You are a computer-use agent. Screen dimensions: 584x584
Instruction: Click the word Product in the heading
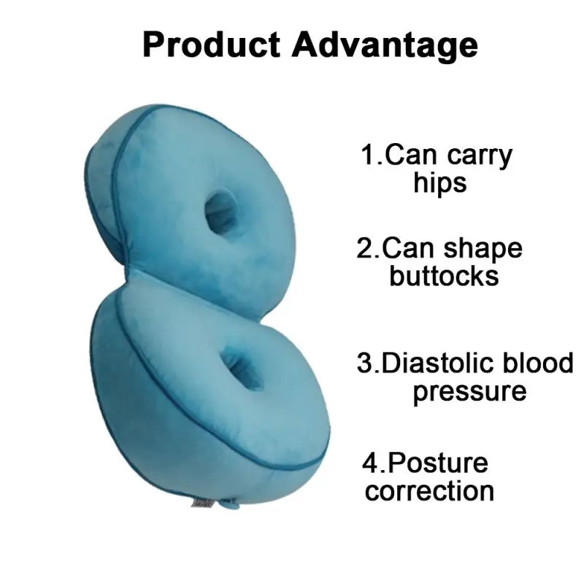211,45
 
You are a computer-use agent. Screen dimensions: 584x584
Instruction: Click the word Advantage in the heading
385,45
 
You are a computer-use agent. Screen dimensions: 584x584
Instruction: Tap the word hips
440,182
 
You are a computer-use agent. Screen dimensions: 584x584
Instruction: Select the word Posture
437,462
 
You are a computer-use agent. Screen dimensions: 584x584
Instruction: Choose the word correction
429,489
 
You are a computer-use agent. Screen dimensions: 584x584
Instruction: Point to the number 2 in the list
365,249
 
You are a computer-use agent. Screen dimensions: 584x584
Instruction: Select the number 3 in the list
365,363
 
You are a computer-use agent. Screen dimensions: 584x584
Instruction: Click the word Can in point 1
408,155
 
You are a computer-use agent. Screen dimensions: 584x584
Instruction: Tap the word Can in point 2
407,249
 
